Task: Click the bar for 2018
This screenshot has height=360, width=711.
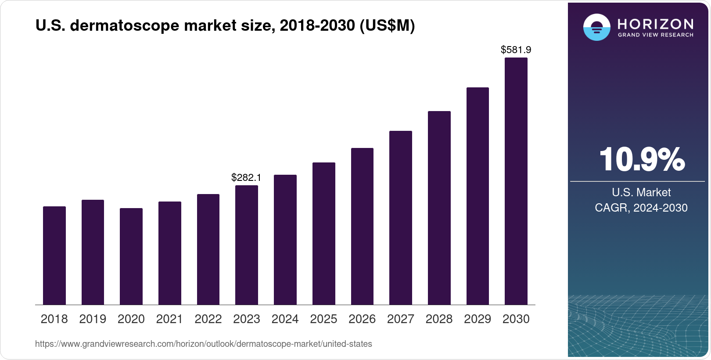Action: coord(54,256)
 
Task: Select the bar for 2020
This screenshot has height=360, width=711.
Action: coord(131,256)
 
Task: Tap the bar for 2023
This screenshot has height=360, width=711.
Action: coord(247,245)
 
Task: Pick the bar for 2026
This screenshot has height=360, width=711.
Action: coord(362,227)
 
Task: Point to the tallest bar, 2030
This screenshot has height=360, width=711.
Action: coord(516,181)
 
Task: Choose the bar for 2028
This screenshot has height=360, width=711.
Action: coord(439,208)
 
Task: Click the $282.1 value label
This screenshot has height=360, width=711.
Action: coord(246,177)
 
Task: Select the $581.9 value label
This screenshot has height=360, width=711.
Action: coord(516,50)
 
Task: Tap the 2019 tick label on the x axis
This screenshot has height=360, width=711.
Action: coord(93,319)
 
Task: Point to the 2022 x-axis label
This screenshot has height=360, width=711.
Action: coord(208,319)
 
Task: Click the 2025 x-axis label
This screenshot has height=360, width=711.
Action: coord(323,319)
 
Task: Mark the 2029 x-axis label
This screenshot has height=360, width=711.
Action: coord(478,319)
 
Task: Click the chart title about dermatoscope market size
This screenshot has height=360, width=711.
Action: coord(225,26)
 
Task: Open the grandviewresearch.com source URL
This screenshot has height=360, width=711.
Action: coord(204,344)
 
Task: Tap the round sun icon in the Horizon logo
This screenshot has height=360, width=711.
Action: coord(596,27)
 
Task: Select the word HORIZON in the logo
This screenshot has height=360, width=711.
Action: coord(656,24)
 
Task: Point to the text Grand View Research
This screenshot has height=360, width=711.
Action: coord(656,35)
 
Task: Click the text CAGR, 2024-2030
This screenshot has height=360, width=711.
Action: coord(641,208)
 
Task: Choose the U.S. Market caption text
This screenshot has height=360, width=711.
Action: coord(641,192)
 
